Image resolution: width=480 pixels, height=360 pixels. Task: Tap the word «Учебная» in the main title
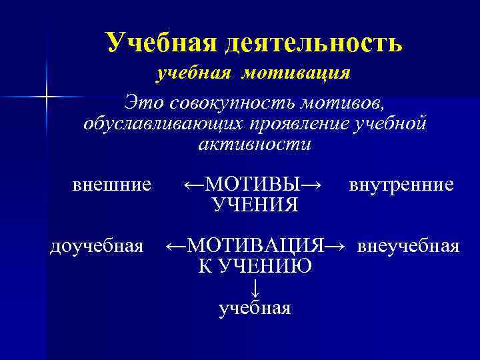pos(161,43)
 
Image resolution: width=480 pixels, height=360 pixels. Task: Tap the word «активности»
pos(255,145)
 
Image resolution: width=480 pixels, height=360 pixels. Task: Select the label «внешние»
pos(111,184)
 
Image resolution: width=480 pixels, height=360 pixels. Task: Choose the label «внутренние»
pos(401,184)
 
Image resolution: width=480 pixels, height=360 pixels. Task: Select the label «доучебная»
pos(97,247)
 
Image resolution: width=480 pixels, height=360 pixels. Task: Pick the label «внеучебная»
pos(408,247)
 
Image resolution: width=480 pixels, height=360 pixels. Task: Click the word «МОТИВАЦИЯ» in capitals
pos(255,246)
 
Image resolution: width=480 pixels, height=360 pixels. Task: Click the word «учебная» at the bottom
pos(255,308)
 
